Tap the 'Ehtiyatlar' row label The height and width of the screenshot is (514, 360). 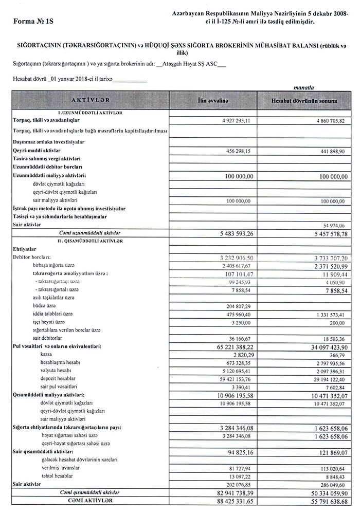[x=24, y=249]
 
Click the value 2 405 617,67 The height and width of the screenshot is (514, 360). [x=231, y=266]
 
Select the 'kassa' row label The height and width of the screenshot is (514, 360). [x=47, y=355]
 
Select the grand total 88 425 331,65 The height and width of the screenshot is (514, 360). [x=229, y=501]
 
